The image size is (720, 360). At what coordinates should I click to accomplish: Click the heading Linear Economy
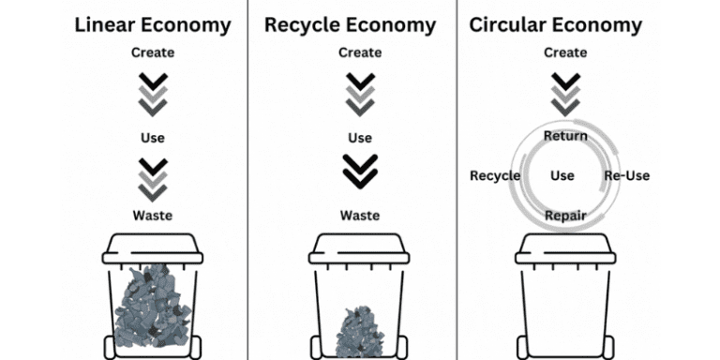(152, 24)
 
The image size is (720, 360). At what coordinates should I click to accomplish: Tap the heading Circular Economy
(555, 24)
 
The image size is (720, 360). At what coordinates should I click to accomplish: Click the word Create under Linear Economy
(152, 52)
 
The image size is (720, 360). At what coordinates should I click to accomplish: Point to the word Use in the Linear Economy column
(152, 138)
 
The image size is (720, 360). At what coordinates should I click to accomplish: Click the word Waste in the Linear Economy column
(152, 215)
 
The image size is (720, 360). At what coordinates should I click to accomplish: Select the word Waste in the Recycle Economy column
(359, 215)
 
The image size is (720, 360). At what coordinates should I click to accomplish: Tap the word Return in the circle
(565, 136)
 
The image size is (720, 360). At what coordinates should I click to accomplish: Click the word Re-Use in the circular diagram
(626, 175)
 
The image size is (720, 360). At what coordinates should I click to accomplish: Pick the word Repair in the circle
(565, 216)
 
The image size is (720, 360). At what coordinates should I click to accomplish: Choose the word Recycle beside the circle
(495, 175)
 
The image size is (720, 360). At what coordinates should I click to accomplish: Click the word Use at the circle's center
(562, 175)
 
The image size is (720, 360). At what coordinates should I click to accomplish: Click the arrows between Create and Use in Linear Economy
(152, 94)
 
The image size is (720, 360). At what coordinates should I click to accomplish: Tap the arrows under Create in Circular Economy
(565, 93)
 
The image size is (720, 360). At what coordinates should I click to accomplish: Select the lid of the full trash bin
(152, 248)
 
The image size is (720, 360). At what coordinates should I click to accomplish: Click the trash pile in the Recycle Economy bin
(359, 330)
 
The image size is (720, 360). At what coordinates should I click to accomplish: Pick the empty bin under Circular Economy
(565, 300)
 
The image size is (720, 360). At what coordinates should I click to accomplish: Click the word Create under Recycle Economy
(359, 52)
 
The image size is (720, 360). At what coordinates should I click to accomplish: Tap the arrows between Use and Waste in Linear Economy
(152, 178)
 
